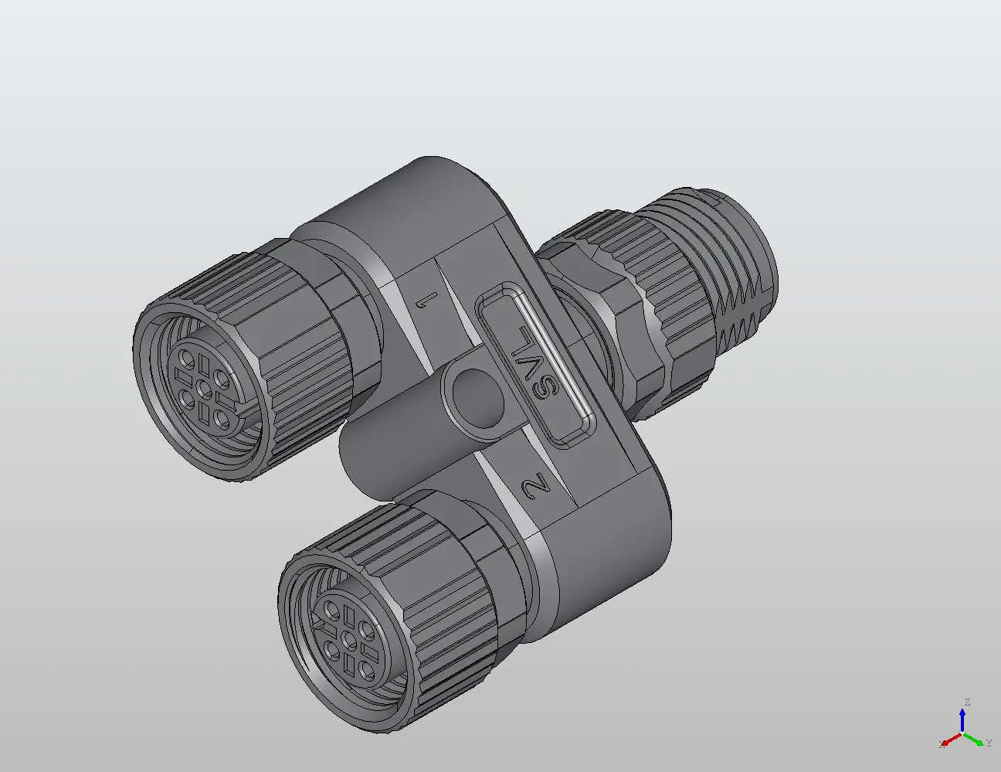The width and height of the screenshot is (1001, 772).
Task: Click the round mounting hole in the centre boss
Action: [x=477, y=396]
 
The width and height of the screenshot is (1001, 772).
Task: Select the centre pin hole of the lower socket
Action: [x=348, y=640]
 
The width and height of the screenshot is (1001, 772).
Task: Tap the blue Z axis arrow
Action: [x=962, y=718]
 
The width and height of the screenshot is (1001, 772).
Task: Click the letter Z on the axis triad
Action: [x=966, y=702]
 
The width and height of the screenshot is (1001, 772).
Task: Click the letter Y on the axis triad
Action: [x=989, y=743]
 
